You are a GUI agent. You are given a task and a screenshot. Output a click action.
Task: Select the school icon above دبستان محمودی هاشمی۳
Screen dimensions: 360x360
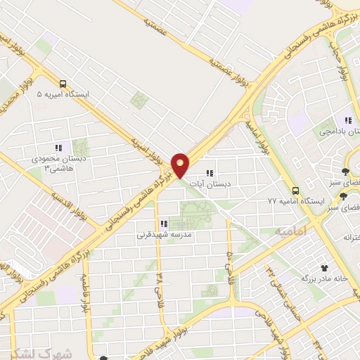pos(59,148)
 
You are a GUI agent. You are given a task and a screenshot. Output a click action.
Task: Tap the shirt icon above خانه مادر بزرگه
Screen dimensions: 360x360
pos(324,268)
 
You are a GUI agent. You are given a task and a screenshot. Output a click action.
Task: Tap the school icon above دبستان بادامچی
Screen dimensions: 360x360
pos(347,120)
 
